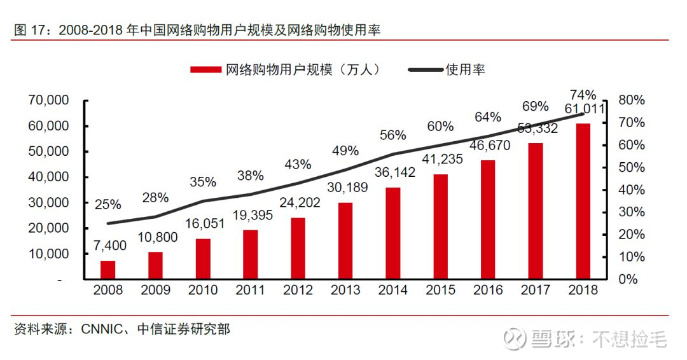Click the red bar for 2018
click(x=583, y=201)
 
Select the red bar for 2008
click(x=108, y=270)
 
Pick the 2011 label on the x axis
click(x=250, y=290)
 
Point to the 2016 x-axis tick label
click(x=488, y=290)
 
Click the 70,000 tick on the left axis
click(x=48, y=100)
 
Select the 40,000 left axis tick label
click(x=48, y=177)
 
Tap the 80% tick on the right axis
click(x=632, y=100)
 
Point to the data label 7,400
click(x=108, y=246)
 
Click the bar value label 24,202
click(x=298, y=203)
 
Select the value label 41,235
click(x=441, y=159)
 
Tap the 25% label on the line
click(x=108, y=205)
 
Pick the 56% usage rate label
click(x=392, y=135)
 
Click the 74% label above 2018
click(x=583, y=95)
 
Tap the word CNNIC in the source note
click(x=101, y=329)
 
